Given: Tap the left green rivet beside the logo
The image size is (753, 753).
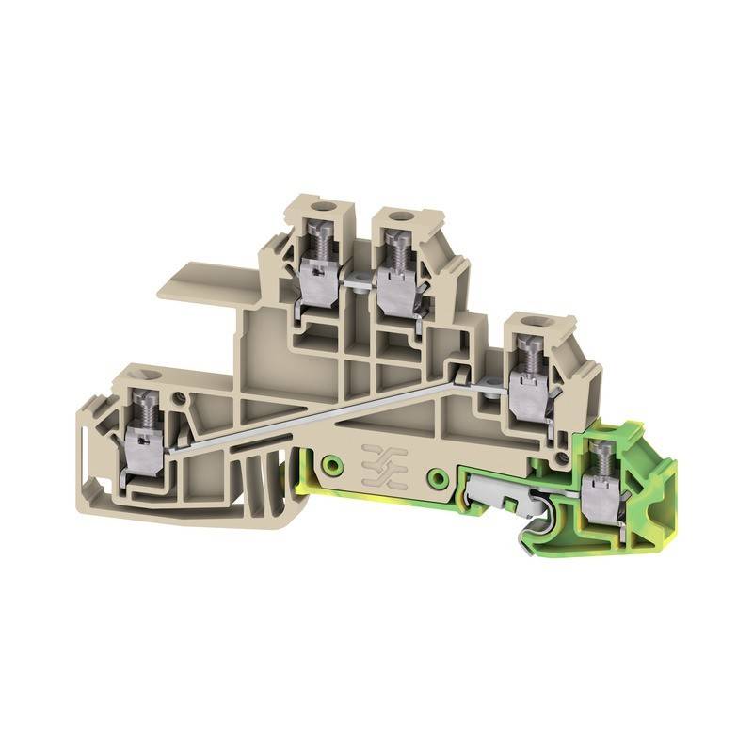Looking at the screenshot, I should (x=330, y=464).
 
